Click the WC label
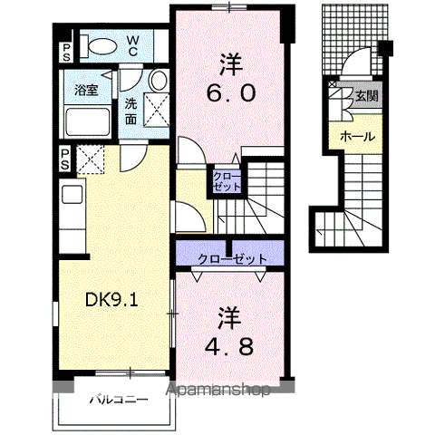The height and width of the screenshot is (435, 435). pyautogui.click(x=132, y=46)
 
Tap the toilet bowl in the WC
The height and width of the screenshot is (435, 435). pyautogui.click(x=102, y=46)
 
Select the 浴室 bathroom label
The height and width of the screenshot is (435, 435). pyautogui.click(x=87, y=90)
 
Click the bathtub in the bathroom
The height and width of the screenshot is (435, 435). pyautogui.click(x=88, y=121)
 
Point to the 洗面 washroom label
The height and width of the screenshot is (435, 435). pyautogui.click(x=130, y=111)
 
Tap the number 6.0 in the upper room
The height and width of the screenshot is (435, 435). pyautogui.click(x=231, y=93)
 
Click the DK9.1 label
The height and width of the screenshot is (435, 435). pyautogui.click(x=111, y=300)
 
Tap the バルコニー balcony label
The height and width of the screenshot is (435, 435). pyautogui.click(x=119, y=400)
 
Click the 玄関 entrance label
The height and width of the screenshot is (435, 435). pyautogui.click(x=366, y=96)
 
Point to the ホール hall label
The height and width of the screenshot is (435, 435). pyautogui.click(x=357, y=137)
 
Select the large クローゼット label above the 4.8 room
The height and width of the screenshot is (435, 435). pyautogui.click(x=233, y=258)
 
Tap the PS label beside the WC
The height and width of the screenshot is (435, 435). pyautogui.click(x=66, y=52)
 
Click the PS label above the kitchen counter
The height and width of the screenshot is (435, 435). pyautogui.click(x=65, y=159)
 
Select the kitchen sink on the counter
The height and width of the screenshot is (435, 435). pyautogui.click(x=72, y=194)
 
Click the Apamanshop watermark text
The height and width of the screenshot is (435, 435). pyautogui.click(x=218, y=390)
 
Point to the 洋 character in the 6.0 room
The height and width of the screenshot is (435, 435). pyautogui.click(x=231, y=64)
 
